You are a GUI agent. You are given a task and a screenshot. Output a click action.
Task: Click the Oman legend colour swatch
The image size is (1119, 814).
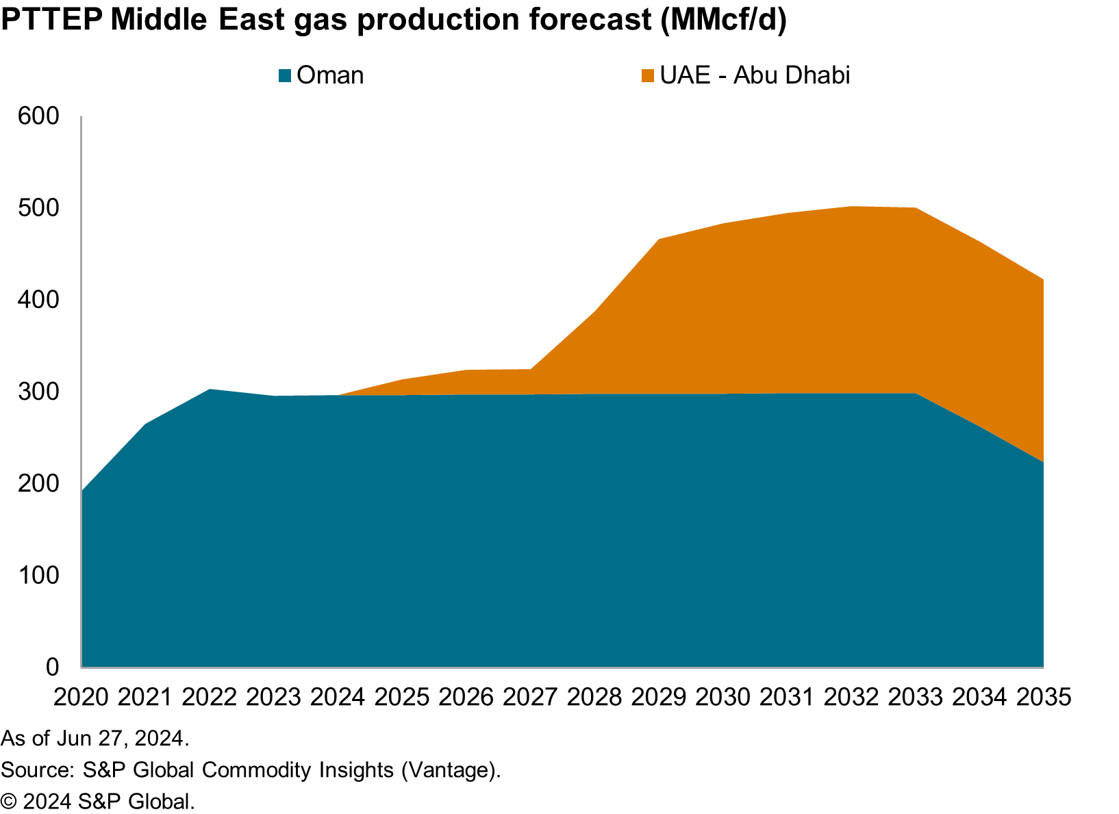pyautogui.click(x=286, y=76)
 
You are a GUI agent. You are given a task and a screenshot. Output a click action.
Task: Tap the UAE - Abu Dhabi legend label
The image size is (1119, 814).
pyautogui.click(x=755, y=75)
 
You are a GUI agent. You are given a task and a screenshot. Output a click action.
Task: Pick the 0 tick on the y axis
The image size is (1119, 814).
pyautogui.click(x=53, y=667)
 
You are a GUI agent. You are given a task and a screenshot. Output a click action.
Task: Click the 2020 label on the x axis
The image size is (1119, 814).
pyautogui.click(x=81, y=698)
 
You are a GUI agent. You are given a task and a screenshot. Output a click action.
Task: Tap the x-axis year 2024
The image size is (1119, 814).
pyautogui.click(x=338, y=698)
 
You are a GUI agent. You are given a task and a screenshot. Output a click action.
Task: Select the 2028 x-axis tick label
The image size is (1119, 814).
pyautogui.click(x=594, y=698)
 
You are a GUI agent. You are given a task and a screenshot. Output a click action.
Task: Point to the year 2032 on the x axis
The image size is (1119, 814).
pyautogui.click(x=851, y=698)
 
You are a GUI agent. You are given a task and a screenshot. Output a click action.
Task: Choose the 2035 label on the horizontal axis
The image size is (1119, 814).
pyautogui.click(x=1043, y=698)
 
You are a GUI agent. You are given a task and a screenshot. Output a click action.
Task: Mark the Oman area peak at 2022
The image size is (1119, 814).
pyautogui.click(x=210, y=390)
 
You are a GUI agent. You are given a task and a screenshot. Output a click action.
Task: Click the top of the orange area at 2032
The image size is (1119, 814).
pyautogui.click(x=851, y=206)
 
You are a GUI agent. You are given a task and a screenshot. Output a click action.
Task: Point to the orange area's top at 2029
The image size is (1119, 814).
pyautogui.click(x=658, y=239)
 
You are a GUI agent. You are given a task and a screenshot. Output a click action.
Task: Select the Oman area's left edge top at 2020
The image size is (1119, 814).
pyautogui.click(x=82, y=491)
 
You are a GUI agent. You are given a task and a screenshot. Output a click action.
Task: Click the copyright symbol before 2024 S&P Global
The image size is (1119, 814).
pyautogui.click(x=8, y=802)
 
